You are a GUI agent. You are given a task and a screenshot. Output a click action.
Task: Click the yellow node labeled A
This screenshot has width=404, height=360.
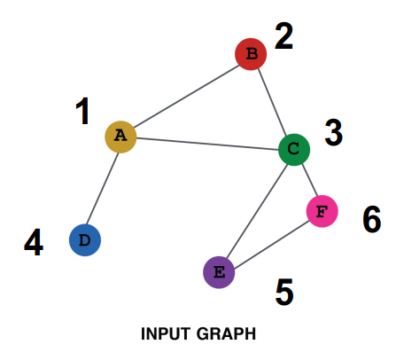point(120,137)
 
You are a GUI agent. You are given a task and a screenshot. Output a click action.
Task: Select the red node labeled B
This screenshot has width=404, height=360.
point(251,54)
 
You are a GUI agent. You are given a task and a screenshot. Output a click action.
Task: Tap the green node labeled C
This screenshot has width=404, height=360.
point(294,150)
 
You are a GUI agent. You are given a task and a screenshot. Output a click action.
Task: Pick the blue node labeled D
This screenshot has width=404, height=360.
point(85,240)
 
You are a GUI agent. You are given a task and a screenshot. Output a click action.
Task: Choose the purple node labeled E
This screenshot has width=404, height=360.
point(219,272)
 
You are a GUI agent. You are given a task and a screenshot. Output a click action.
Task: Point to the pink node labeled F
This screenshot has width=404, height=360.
point(322,211)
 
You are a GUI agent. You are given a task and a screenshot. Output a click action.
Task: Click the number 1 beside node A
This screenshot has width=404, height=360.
point(83,111)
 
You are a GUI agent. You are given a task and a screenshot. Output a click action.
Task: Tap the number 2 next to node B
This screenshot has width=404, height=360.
point(284,36)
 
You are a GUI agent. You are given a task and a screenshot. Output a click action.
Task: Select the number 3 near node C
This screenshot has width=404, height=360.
point(334,133)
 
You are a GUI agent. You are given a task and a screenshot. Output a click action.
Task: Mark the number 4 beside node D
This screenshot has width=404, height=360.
point(34,242)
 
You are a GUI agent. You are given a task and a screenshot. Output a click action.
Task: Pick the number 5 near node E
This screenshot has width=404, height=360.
point(284,292)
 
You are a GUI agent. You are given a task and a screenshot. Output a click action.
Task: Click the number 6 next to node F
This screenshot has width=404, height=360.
point(372,219)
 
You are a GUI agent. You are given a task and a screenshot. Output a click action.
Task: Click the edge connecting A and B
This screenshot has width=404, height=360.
point(187,96)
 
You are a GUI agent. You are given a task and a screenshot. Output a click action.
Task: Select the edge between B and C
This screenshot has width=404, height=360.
point(272,102)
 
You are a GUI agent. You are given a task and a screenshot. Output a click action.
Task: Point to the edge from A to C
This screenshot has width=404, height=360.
point(207,144)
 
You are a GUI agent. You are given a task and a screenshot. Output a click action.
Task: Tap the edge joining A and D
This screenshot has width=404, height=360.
point(102,189)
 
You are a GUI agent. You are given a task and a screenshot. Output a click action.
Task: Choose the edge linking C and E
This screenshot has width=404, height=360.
point(257,211)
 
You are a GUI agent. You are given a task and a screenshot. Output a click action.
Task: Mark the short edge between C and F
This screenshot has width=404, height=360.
point(309,181)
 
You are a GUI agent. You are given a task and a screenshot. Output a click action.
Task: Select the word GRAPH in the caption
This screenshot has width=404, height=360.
point(226,334)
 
